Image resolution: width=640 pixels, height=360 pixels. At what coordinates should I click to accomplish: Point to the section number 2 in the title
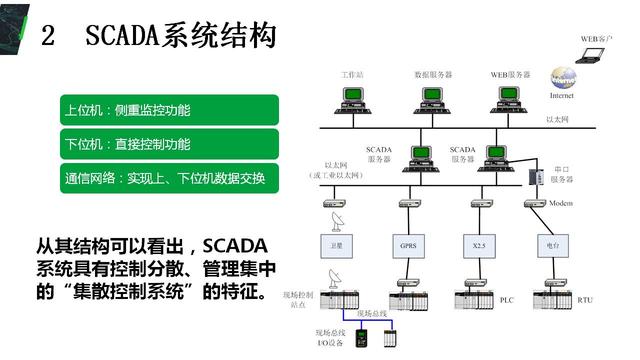[x=48, y=37]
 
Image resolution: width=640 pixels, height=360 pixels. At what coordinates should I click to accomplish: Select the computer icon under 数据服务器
[x=433, y=98]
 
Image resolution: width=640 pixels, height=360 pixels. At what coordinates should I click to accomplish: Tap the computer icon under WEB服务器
[x=509, y=98]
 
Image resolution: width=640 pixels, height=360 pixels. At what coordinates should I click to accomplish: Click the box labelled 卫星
[x=337, y=244]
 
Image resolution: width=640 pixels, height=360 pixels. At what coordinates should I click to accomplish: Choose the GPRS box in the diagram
[x=409, y=244]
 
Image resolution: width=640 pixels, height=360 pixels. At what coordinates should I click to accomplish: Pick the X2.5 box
[x=480, y=244]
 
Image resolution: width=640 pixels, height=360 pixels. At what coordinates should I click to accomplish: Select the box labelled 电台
[x=552, y=244]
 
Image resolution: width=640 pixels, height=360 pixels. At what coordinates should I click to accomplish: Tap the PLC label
[x=509, y=299]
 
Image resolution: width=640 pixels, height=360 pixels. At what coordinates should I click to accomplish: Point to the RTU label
[x=585, y=299]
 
